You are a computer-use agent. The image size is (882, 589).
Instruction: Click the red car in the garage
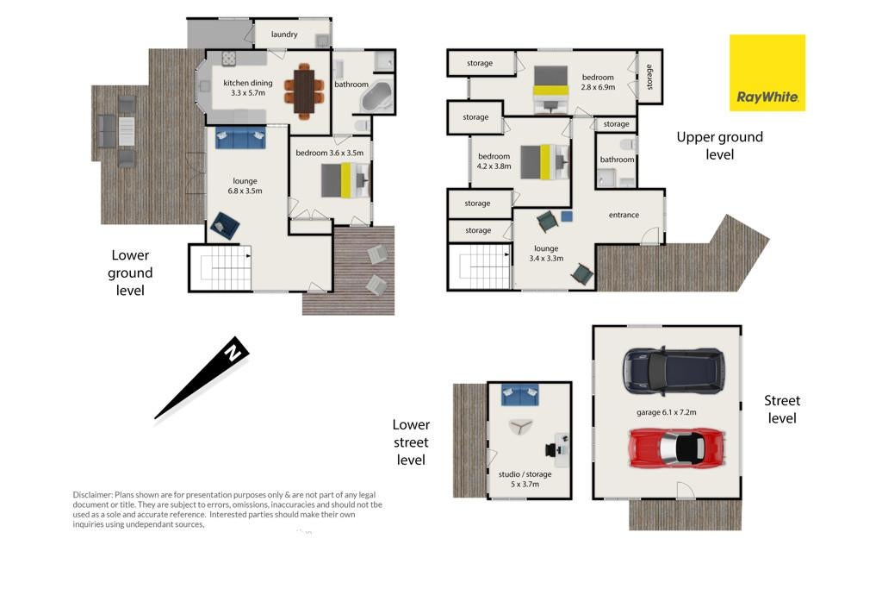(x=677, y=448)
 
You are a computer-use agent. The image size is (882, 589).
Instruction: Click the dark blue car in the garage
(x=674, y=371)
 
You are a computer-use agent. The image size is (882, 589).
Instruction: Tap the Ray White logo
(x=767, y=72)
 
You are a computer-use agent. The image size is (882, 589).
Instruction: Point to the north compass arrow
(x=202, y=378)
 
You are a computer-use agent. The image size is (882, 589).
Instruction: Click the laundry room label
(x=284, y=34)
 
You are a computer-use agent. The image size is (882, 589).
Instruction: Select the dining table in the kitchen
(x=304, y=91)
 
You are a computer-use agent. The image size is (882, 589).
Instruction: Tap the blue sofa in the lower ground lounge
(x=240, y=138)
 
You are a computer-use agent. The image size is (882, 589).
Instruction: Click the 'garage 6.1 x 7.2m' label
(x=666, y=412)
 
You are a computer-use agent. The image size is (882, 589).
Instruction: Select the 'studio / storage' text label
(x=525, y=474)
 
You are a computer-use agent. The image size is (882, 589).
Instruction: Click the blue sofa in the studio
(x=519, y=395)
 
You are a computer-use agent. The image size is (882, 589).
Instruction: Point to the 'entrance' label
(x=624, y=215)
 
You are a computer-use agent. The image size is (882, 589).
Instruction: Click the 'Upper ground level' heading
(x=719, y=145)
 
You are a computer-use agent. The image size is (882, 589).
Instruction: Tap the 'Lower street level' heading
(x=411, y=442)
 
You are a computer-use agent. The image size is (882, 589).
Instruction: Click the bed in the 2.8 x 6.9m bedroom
(x=550, y=90)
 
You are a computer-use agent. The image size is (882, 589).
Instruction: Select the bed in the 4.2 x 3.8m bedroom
(x=544, y=161)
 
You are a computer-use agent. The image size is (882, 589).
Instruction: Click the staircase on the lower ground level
(x=220, y=267)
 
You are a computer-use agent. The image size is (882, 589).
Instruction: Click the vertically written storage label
(x=649, y=77)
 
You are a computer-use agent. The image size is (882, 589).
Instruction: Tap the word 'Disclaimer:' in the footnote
(x=93, y=495)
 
